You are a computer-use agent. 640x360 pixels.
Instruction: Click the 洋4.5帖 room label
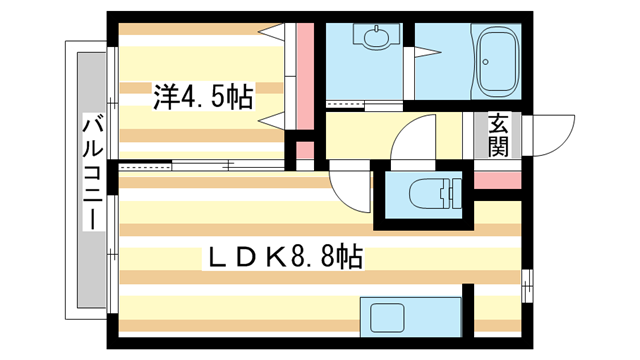[x=203, y=98]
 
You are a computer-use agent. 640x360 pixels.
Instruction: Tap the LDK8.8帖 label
[x=284, y=257]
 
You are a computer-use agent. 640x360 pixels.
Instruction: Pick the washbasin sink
[x=377, y=39]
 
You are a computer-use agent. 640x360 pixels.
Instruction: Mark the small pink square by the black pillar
[x=305, y=154]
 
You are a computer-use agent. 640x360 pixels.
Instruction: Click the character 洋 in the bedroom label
[x=166, y=98]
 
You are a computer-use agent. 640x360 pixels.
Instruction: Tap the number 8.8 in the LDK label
[x=312, y=257]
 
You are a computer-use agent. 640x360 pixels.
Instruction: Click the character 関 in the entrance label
[x=497, y=147]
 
